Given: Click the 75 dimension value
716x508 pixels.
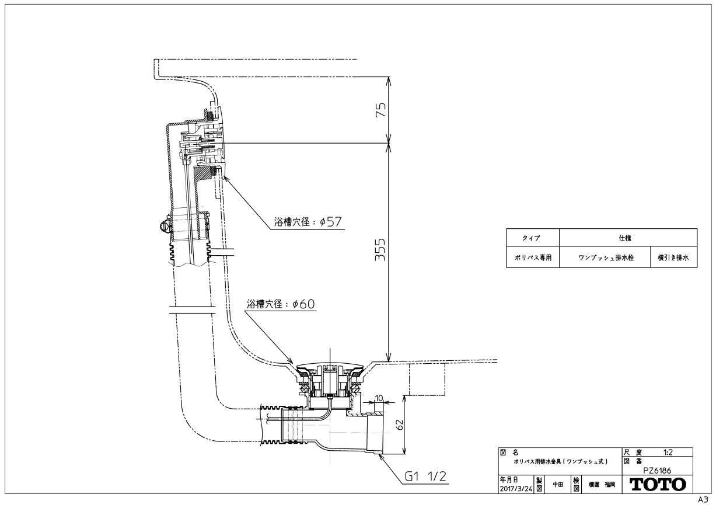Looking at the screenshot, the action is click(380, 110).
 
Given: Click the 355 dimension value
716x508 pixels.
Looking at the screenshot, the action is click(380, 250).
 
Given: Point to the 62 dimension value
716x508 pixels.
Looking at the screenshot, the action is click(400, 425).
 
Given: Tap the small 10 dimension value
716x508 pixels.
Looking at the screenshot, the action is click(379, 398).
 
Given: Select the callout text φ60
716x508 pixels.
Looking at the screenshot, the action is click(303, 304).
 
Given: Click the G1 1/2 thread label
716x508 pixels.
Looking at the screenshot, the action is click(425, 476).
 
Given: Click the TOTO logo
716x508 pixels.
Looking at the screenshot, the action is click(658, 485).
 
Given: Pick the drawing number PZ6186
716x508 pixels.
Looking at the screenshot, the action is click(657, 471).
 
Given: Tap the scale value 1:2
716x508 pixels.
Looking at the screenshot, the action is click(668, 453).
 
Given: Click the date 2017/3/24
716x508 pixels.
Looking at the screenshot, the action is click(516, 489).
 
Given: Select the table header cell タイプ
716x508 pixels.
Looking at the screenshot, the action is click(531, 238).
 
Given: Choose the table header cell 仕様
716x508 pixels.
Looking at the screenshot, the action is click(625, 238).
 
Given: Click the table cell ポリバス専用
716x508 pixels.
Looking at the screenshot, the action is click(533, 258).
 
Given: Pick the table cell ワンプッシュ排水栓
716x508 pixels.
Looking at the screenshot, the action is click(606, 258).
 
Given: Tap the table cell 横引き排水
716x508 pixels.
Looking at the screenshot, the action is click(673, 258).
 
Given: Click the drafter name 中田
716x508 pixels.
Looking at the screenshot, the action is click(558, 485).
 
